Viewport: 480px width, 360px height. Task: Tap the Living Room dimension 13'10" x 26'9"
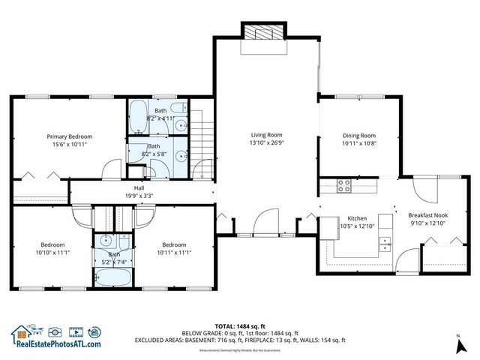coord(266,142)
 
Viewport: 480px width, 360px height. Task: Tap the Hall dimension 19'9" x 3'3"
coord(139,196)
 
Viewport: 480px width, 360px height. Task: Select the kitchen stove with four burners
coord(346,186)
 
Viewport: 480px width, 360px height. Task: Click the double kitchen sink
coord(386,243)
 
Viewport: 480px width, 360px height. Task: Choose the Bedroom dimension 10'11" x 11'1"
coord(174,253)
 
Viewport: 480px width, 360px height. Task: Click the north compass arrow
coord(457,346)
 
